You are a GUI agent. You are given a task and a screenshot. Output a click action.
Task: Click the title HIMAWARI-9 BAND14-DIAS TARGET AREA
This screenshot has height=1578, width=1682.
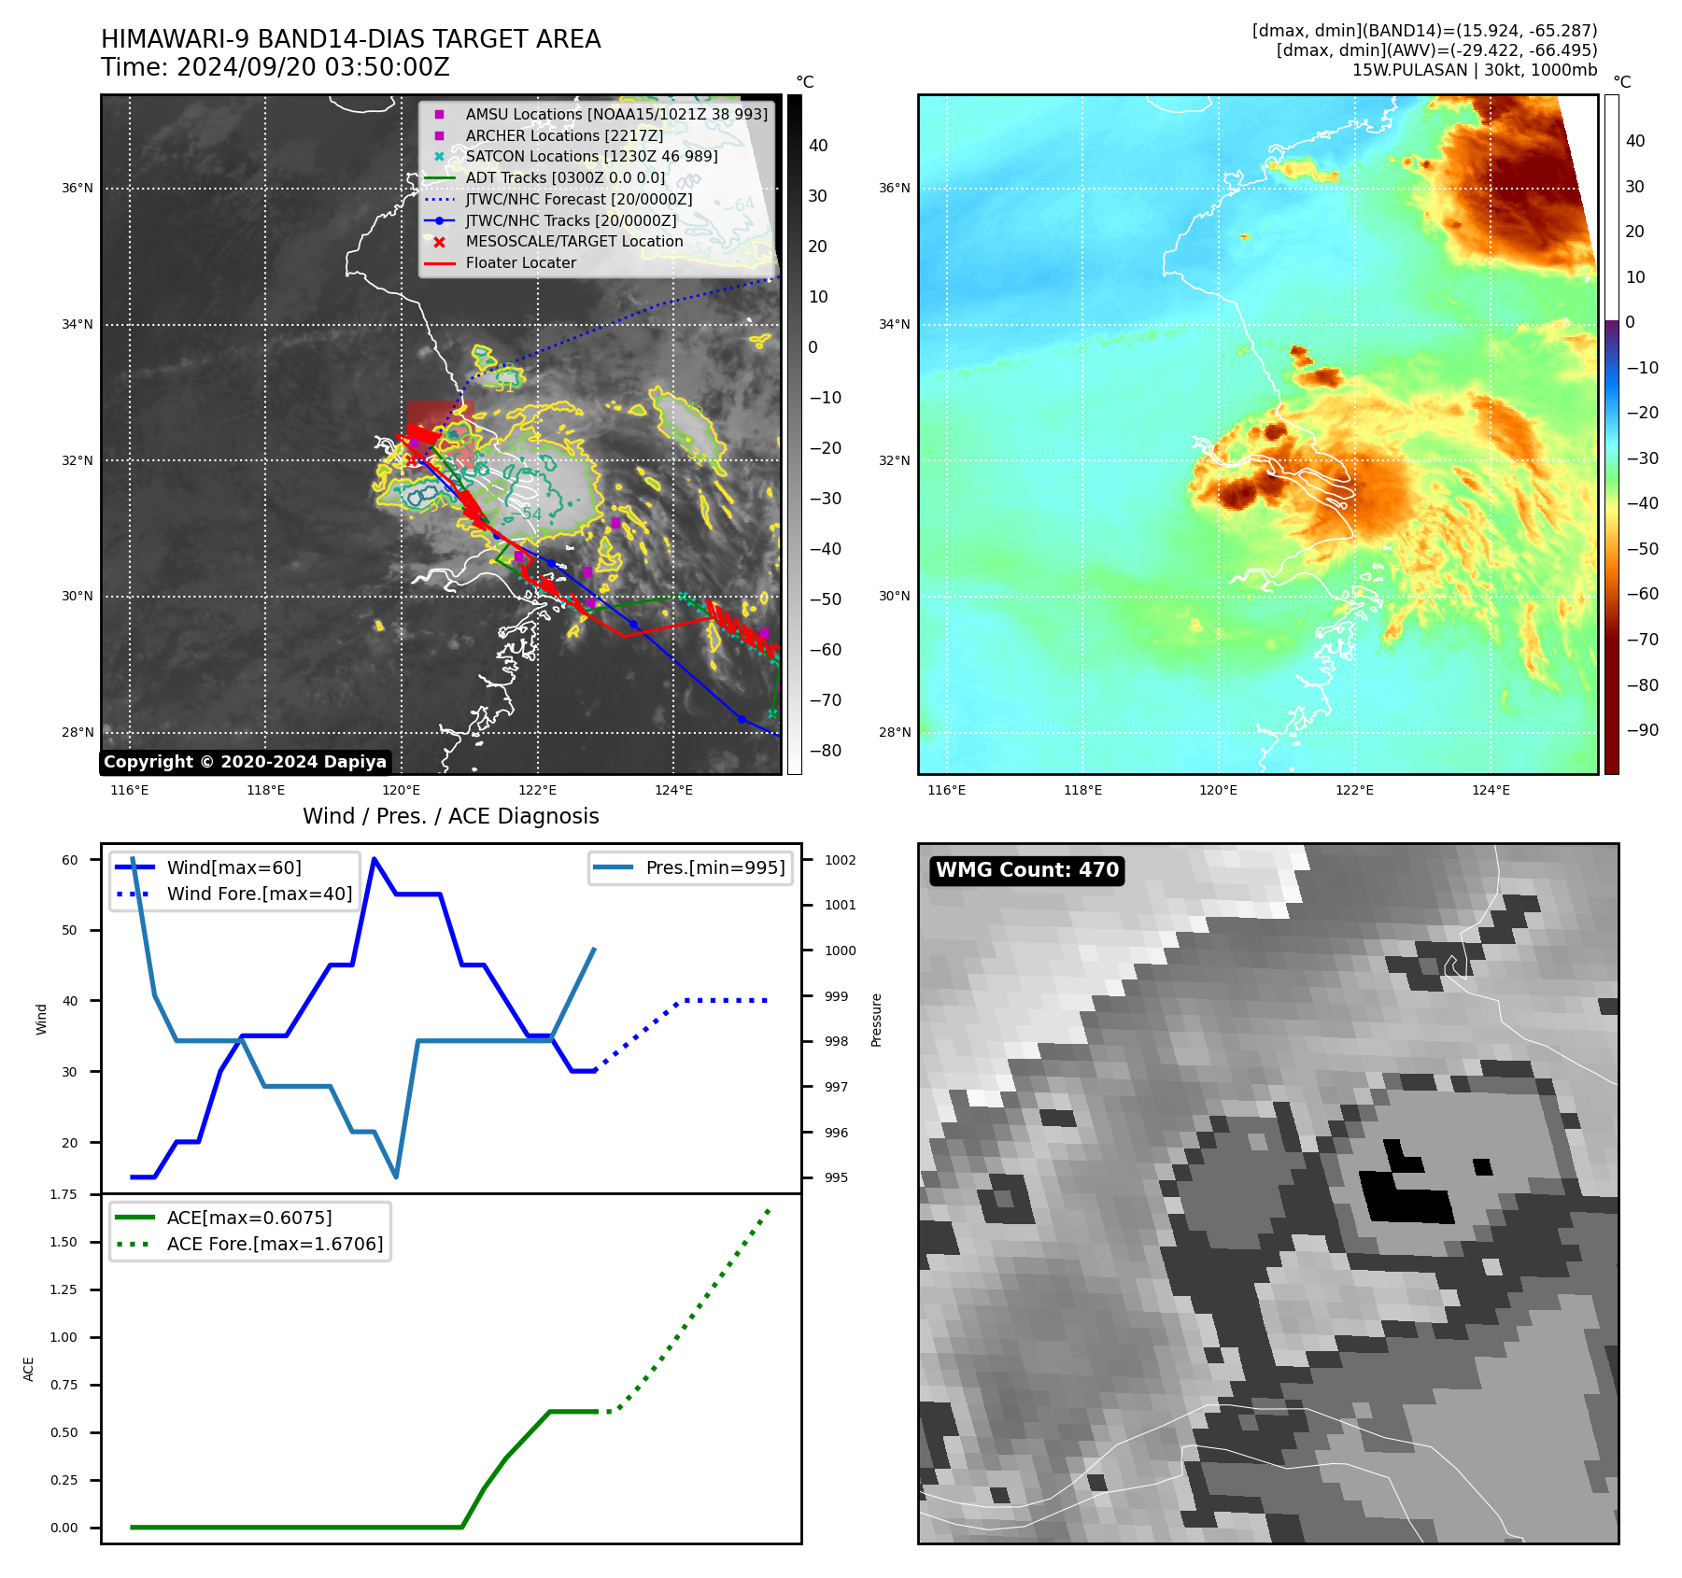(x=350, y=39)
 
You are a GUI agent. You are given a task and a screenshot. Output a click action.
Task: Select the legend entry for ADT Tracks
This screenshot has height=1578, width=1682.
(x=565, y=177)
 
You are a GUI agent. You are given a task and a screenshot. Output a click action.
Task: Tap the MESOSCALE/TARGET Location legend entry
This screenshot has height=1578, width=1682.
(x=573, y=241)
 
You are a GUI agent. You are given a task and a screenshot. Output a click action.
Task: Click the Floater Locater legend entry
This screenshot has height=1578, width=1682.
(x=520, y=262)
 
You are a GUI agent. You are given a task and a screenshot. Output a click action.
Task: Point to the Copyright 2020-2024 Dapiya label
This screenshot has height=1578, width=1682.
(x=245, y=762)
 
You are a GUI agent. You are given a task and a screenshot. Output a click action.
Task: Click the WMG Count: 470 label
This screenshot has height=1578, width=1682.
(x=1026, y=870)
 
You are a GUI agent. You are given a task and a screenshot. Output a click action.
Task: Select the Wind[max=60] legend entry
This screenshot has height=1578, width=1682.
(x=233, y=867)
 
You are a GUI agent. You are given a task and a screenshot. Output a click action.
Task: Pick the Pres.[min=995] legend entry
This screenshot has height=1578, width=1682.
(x=714, y=867)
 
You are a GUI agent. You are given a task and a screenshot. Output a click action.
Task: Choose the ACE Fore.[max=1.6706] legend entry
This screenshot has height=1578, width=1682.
(x=275, y=1244)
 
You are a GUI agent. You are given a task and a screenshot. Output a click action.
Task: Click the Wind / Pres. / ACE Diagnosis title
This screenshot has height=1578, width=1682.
(x=450, y=816)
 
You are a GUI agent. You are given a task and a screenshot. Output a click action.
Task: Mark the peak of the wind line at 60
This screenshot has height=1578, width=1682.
(x=375, y=859)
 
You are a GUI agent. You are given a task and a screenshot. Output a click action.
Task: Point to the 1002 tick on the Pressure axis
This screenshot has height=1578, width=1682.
(x=840, y=860)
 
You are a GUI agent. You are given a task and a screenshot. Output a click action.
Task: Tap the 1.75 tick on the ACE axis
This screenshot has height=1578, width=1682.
(x=64, y=1194)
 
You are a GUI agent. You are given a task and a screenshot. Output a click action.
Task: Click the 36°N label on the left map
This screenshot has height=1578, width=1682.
(x=78, y=189)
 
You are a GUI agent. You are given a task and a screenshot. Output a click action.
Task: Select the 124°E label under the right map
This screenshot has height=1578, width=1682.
(x=1491, y=790)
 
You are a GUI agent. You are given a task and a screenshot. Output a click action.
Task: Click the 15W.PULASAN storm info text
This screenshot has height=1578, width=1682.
(x=1474, y=70)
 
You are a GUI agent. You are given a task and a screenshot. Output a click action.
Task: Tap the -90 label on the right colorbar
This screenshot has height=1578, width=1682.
(x=1642, y=730)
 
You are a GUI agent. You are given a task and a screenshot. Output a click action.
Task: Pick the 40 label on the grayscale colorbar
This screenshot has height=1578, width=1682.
(x=818, y=146)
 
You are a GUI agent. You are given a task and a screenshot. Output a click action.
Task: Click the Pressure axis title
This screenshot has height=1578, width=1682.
(x=876, y=1020)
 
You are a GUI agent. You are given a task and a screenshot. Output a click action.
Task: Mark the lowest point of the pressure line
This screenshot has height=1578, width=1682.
(x=397, y=1176)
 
